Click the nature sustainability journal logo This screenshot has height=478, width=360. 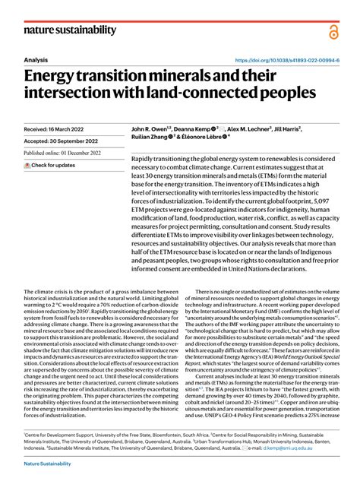pyautogui.click(x=70, y=30)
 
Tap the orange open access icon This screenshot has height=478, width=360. pyautogui.click(x=333, y=32)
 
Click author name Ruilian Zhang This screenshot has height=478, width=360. pyautogui.click(x=152, y=139)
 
